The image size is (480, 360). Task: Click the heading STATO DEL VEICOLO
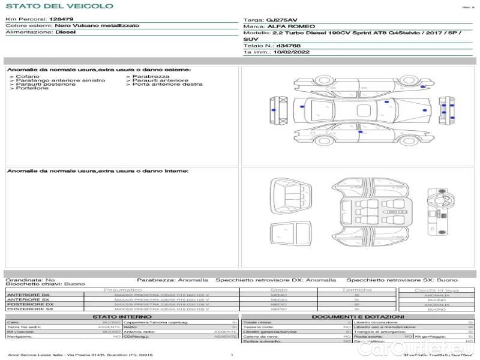tap(59, 6)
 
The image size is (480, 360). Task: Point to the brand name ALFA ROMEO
tap(284, 26)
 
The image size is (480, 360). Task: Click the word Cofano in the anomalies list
tap(28, 76)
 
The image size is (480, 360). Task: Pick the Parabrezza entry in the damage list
tap(151, 76)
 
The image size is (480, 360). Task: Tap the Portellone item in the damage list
tap(32, 88)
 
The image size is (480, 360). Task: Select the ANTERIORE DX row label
tap(28, 295)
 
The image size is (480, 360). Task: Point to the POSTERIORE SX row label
tap(30, 309)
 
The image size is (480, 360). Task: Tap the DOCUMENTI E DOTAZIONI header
tap(358, 316)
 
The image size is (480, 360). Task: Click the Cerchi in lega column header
tap(436, 290)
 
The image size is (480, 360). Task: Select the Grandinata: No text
tap(30, 280)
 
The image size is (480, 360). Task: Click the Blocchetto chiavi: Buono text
tap(46, 284)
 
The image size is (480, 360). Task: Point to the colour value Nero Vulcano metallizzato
tap(97, 26)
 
